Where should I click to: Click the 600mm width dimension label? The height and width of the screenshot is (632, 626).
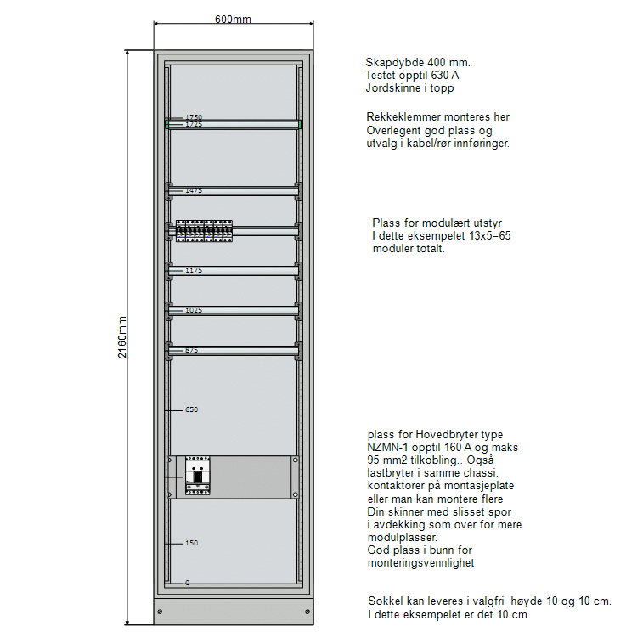(233, 20)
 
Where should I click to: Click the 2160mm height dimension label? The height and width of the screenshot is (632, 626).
(122, 337)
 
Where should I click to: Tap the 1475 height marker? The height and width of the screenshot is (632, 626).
(194, 190)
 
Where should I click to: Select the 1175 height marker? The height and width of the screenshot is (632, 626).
(194, 270)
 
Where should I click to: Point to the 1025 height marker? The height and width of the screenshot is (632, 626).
(194, 310)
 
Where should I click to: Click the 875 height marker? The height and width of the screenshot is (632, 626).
(192, 350)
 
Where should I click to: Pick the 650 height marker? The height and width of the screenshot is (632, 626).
(192, 409)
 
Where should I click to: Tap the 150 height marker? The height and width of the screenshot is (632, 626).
(192, 542)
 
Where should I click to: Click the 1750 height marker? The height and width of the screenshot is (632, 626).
(194, 116)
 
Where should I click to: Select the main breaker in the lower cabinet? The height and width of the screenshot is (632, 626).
(196, 477)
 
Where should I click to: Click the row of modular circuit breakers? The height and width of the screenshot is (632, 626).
(204, 230)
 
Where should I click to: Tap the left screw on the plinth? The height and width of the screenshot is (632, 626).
(161, 612)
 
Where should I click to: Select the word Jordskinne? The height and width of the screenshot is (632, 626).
(392, 87)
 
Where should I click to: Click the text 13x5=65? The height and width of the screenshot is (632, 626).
(487, 235)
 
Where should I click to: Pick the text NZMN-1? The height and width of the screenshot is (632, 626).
(390, 447)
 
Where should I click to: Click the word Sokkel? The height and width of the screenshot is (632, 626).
(384, 601)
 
